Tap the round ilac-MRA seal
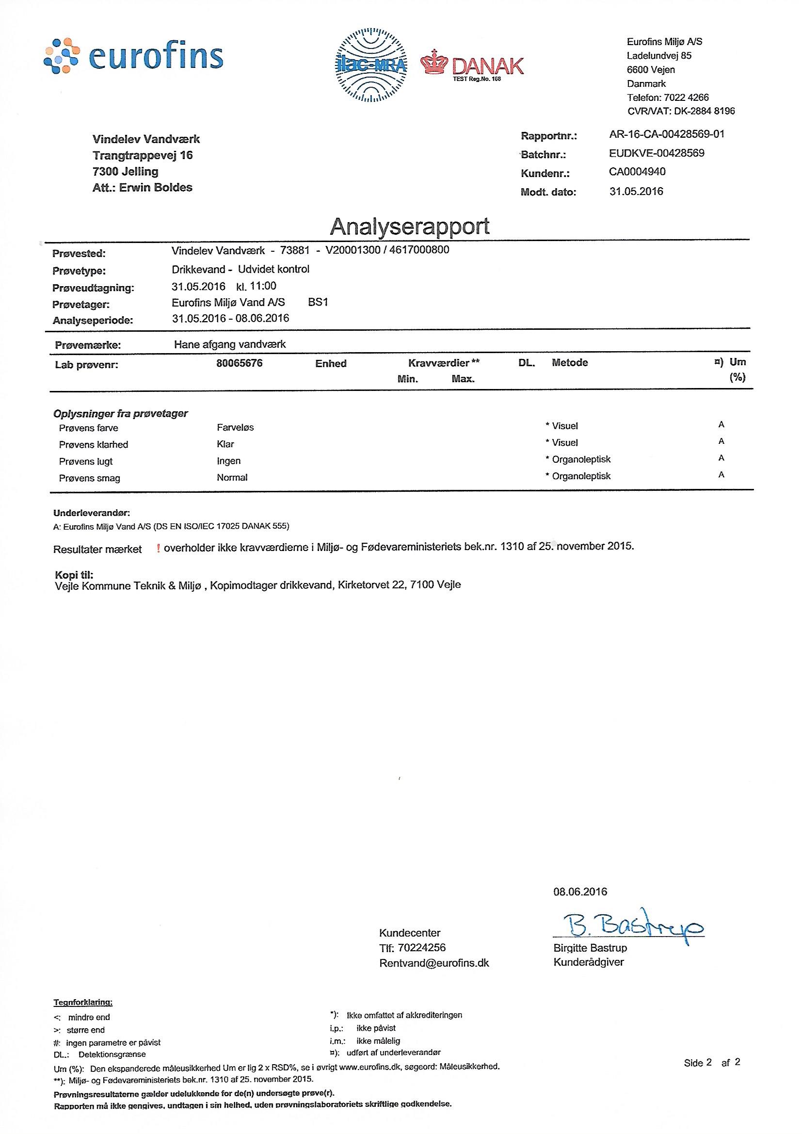pyautogui.click(x=371, y=65)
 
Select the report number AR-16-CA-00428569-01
pyautogui.click(x=667, y=134)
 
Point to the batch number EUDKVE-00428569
pyautogui.click(x=657, y=153)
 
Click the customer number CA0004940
pyautogui.click(x=637, y=171)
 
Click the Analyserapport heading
pyautogui.click(x=409, y=226)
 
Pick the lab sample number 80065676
pyautogui.click(x=240, y=363)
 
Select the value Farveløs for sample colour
pyautogui.click(x=235, y=427)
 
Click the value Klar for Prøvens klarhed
pyautogui.click(x=225, y=444)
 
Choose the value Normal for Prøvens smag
pyautogui.click(x=232, y=478)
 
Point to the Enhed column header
pyautogui.click(x=331, y=363)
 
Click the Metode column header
pyautogui.click(x=569, y=362)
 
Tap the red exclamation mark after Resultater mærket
pyautogui.click(x=158, y=548)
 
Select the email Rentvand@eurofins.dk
pyautogui.click(x=433, y=963)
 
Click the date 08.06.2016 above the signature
pyautogui.click(x=580, y=891)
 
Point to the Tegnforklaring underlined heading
pyautogui.click(x=82, y=1003)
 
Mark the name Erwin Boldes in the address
pyautogui.click(x=156, y=188)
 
